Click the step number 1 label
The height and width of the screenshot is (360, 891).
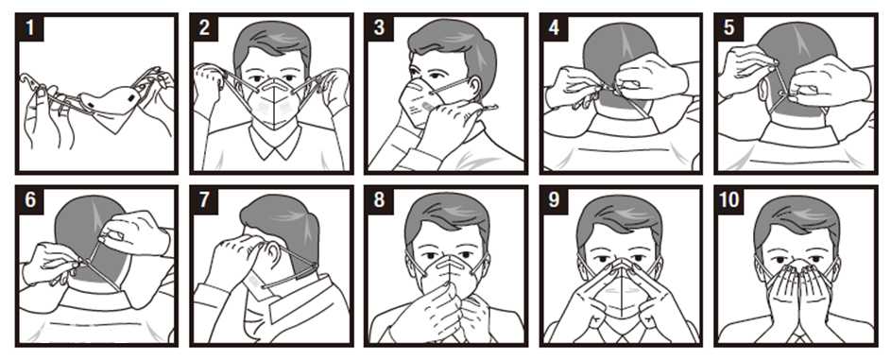pos(30,27)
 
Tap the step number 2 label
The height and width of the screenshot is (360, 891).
pos(205,27)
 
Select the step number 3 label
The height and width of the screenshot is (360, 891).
pos(379,27)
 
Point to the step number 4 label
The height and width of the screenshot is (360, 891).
pos(554,27)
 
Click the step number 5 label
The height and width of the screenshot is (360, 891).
pos(729,27)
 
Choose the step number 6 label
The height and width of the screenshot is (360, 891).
pos(30,200)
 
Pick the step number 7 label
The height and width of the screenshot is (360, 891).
pos(205,200)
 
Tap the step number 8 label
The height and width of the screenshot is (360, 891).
pos(379,200)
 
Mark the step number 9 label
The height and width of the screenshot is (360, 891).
pos(554,200)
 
